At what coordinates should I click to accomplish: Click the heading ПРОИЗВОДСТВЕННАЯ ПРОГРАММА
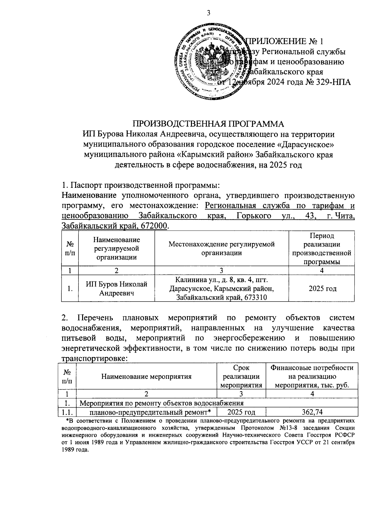click(x=208, y=124)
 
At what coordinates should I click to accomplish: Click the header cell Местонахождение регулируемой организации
click(x=221, y=248)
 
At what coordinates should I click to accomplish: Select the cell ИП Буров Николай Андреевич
click(x=116, y=288)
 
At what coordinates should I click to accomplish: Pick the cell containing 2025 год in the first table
click(x=322, y=289)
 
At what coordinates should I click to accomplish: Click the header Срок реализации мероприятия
click(x=241, y=376)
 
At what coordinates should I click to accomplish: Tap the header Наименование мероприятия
click(x=146, y=377)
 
